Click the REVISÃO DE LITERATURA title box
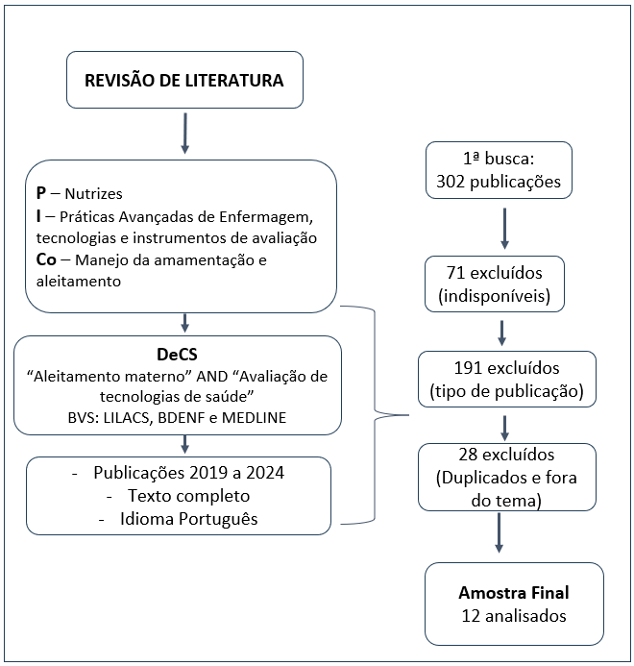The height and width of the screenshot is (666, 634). tap(184, 81)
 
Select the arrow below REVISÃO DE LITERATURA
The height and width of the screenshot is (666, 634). tap(184, 133)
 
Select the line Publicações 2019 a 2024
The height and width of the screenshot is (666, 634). tap(178, 474)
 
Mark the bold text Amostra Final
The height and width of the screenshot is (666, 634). tap(514, 592)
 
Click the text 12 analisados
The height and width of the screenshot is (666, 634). tap(514, 615)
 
